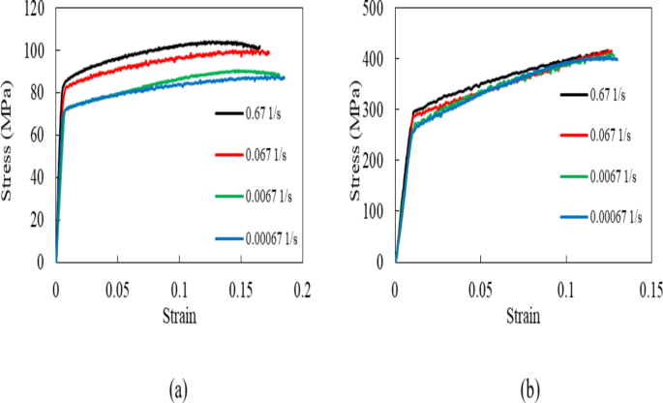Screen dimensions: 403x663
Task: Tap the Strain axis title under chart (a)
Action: coord(179,317)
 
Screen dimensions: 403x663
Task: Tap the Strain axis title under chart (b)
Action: coord(523,317)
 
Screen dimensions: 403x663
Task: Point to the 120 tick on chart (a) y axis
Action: coord(37,9)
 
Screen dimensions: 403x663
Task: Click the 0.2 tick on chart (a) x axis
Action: coord(303,289)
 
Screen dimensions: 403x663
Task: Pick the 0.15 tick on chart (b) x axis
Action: coord(651,289)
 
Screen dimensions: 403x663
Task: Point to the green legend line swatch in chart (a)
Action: coord(227,196)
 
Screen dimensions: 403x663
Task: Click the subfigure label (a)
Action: coord(178,388)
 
